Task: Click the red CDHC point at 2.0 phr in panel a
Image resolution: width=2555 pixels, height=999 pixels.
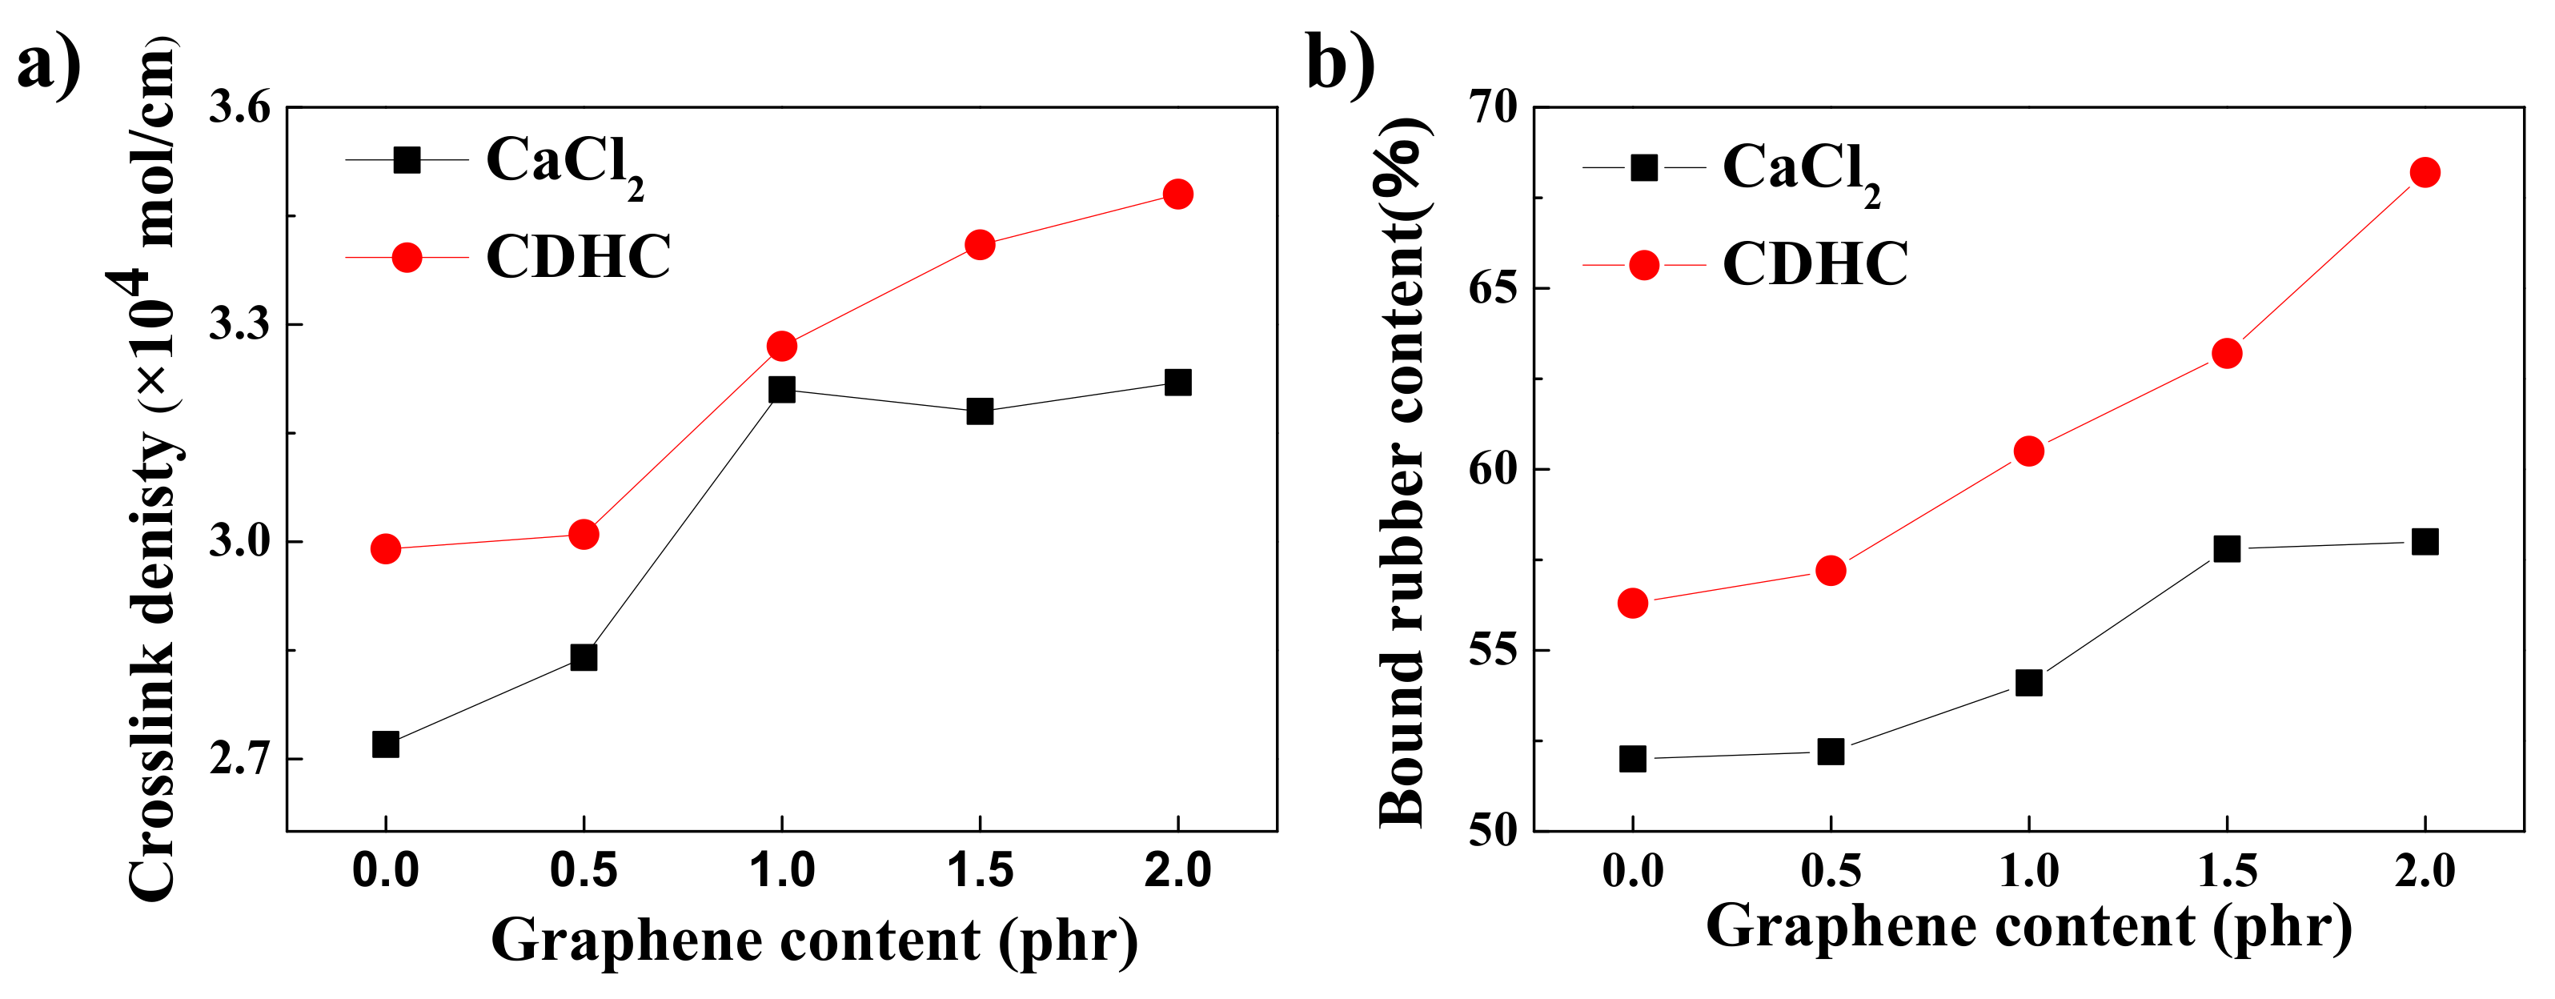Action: (1177, 194)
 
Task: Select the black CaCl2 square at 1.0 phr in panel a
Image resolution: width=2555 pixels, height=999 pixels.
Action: (781, 389)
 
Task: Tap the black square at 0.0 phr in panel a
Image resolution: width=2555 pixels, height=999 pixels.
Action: (386, 744)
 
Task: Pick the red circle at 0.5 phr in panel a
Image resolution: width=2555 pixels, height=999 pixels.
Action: (584, 535)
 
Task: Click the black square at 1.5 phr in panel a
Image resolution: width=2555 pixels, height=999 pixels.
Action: (980, 411)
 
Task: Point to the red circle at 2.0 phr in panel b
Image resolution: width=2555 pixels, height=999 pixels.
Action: (2424, 173)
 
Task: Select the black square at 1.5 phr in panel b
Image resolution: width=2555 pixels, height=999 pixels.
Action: (2227, 548)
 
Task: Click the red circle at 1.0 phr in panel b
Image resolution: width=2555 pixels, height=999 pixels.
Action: (2028, 451)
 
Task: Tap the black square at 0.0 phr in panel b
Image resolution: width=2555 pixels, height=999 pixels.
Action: (1633, 759)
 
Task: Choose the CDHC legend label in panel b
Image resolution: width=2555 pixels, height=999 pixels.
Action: (1815, 264)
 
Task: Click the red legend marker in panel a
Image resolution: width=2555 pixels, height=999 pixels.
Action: (407, 258)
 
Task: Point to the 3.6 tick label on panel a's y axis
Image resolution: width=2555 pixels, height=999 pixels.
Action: (239, 107)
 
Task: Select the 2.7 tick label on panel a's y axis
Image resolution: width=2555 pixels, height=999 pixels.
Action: (239, 760)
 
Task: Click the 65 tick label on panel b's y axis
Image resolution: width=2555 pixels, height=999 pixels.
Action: (1494, 289)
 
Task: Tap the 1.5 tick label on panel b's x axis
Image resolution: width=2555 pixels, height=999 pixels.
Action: (2227, 871)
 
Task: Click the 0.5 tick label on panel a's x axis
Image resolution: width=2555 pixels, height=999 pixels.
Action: (584, 871)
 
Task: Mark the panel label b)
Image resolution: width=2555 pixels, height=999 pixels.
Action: (1340, 62)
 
